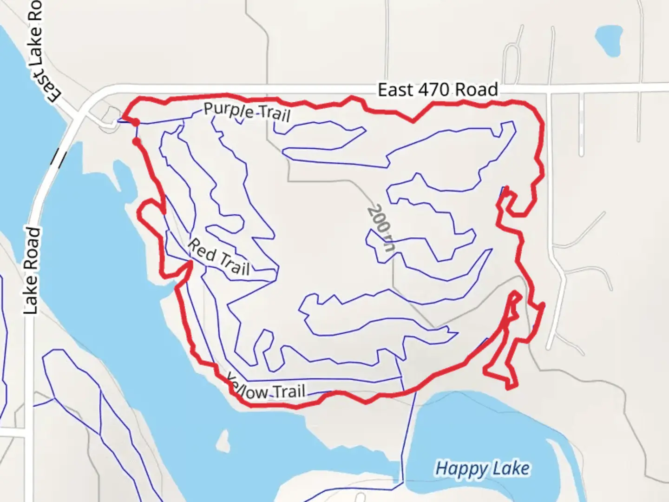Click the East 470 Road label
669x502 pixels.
click(438, 89)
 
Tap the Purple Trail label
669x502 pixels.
click(247, 112)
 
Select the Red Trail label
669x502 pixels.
click(218, 257)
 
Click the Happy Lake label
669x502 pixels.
click(482, 468)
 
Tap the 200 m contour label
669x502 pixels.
click(381, 228)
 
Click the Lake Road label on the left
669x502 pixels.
click(31, 271)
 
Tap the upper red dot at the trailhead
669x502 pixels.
click(135, 123)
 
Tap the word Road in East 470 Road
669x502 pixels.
click(477, 89)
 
